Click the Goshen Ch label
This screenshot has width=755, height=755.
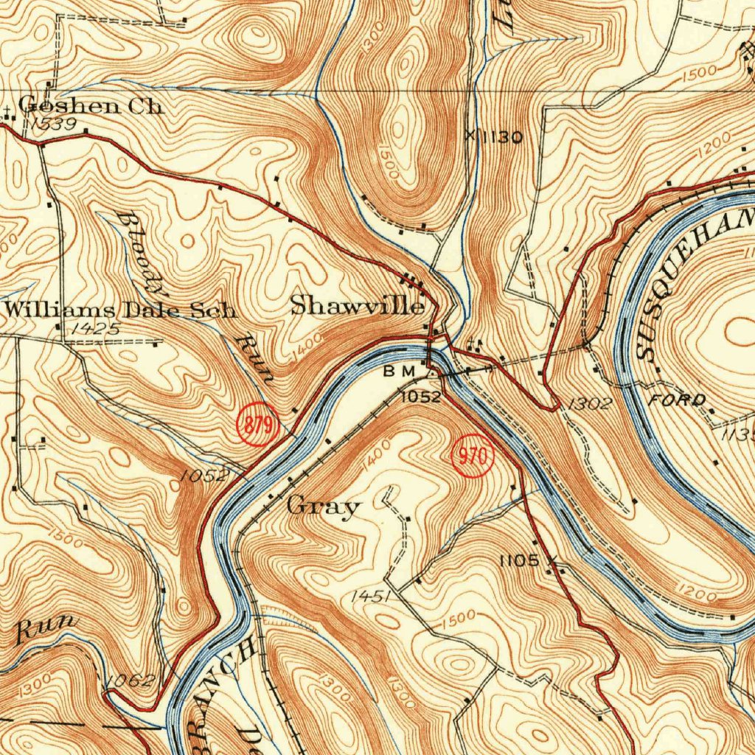click(90, 105)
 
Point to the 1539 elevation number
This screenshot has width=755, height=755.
click(54, 124)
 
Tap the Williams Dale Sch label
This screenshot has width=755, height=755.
click(120, 310)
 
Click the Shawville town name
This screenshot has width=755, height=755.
click(358, 305)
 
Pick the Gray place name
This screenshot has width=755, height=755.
click(324, 507)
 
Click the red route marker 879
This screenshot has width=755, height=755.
click(256, 425)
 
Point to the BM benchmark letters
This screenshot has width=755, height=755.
click(399, 372)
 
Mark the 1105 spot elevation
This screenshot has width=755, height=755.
click(519, 561)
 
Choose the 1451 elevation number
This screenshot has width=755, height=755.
click(371, 596)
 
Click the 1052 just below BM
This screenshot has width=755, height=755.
click(420, 397)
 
